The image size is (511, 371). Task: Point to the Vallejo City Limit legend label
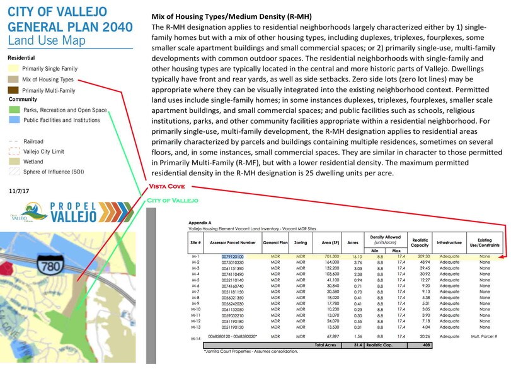click(x=45, y=152)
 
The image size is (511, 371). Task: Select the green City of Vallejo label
click(x=171, y=200)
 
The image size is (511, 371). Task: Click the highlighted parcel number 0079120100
click(x=232, y=257)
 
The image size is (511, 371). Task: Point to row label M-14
click(x=195, y=338)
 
